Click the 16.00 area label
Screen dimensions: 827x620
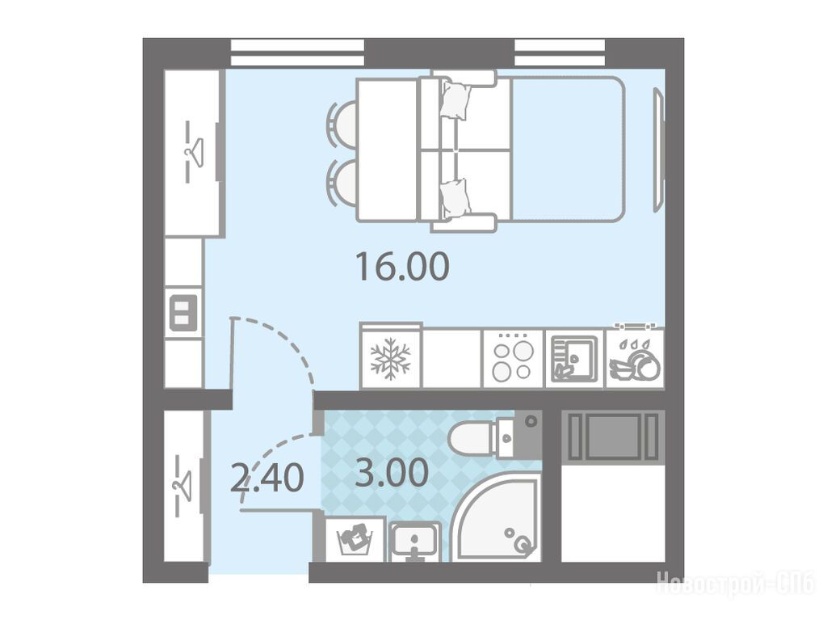click(402, 267)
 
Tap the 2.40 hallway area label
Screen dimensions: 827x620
click(267, 478)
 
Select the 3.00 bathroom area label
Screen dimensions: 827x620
click(392, 473)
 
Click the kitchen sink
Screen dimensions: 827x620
click(574, 359)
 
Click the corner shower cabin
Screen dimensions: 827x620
click(496, 517)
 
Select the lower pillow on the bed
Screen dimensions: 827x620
click(455, 198)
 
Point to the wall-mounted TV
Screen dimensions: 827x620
click(659, 150)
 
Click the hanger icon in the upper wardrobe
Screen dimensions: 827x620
click(193, 152)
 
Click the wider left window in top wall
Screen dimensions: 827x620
click(297, 53)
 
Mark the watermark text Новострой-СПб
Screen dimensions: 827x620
click(735, 584)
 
